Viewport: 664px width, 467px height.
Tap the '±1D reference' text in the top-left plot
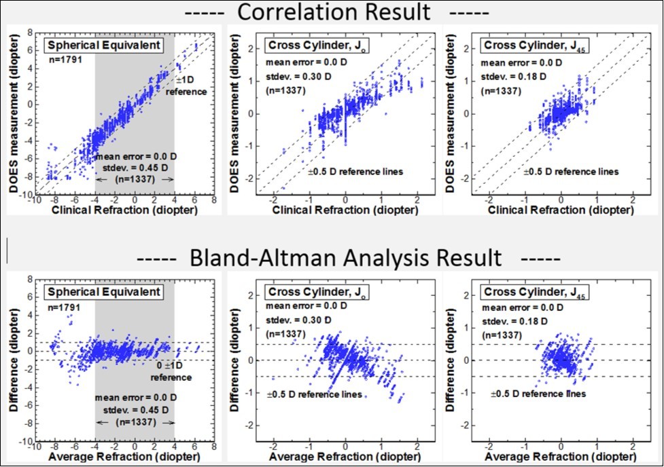[186, 86]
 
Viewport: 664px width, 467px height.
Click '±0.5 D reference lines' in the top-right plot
[572, 172]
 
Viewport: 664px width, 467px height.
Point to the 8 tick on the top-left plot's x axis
[214, 201]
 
